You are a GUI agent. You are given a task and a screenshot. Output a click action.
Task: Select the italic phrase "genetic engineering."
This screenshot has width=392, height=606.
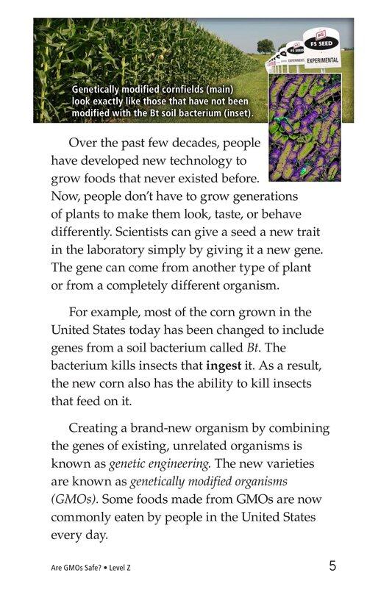tap(161, 465)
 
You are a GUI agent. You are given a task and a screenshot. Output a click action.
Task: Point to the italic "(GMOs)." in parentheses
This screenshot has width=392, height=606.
tap(74, 499)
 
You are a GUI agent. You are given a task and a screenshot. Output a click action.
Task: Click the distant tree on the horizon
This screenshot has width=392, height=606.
tap(266, 46)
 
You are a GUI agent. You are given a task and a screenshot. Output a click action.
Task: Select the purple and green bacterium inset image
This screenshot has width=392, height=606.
tap(304, 126)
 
